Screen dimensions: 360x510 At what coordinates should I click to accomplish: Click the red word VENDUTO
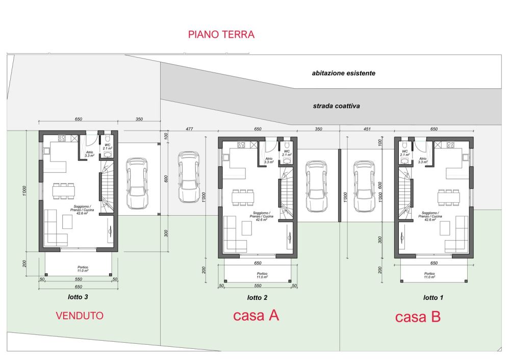pos(79,316)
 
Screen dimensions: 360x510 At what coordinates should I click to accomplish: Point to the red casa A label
pos(256,315)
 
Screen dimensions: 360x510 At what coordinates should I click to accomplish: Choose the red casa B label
pos(418,317)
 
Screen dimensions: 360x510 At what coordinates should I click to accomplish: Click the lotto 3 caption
pos(79,296)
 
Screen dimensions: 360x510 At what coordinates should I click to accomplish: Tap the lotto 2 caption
pos(257,297)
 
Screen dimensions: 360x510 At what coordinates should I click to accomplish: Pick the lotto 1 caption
pos(433,297)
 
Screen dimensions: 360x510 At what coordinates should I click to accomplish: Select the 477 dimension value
pos(189,130)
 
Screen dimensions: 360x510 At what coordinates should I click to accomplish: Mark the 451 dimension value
pos(366,130)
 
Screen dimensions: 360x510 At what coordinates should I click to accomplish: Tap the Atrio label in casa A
pos(269,160)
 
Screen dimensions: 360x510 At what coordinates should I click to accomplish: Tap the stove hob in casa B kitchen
pos(450,145)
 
